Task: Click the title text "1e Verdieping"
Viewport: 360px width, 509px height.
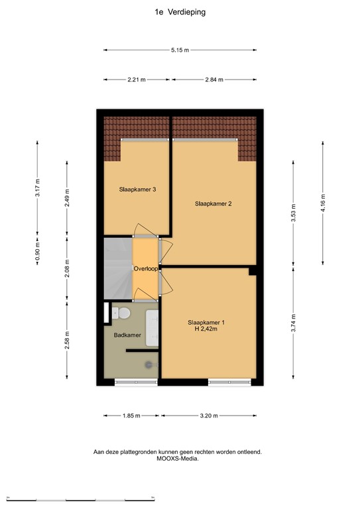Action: coord(180,11)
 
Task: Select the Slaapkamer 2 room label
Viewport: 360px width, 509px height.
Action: coord(213,203)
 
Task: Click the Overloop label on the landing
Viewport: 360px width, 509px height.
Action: coord(145,268)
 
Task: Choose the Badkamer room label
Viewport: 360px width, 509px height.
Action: coord(127,335)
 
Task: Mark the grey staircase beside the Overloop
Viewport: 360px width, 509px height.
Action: coord(118,268)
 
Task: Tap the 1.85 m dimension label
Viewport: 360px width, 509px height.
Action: coord(131,416)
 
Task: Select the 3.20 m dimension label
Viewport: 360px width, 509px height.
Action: coord(208,416)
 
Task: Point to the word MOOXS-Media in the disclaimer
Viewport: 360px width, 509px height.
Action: coord(178,458)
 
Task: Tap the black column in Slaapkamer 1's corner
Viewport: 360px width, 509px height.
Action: coord(253,270)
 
